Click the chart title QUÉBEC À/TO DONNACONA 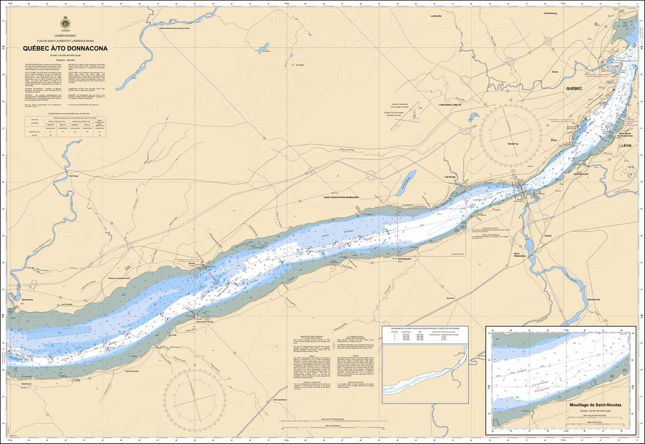65,48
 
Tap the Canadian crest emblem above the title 65,24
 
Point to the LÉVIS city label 625,145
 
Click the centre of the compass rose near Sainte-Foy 510,132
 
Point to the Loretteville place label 437,16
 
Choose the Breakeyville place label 595,299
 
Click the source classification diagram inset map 425,373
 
